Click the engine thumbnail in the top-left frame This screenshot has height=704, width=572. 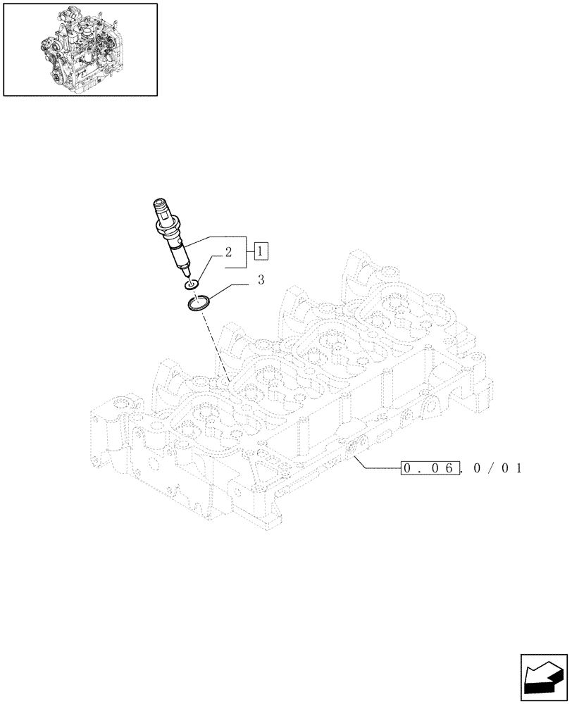click(80, 49)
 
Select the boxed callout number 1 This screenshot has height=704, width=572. click(260, 250)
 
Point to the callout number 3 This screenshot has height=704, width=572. click(261, 280)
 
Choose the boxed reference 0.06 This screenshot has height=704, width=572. click(430, 468)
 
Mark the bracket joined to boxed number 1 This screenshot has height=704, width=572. click(244, 251)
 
